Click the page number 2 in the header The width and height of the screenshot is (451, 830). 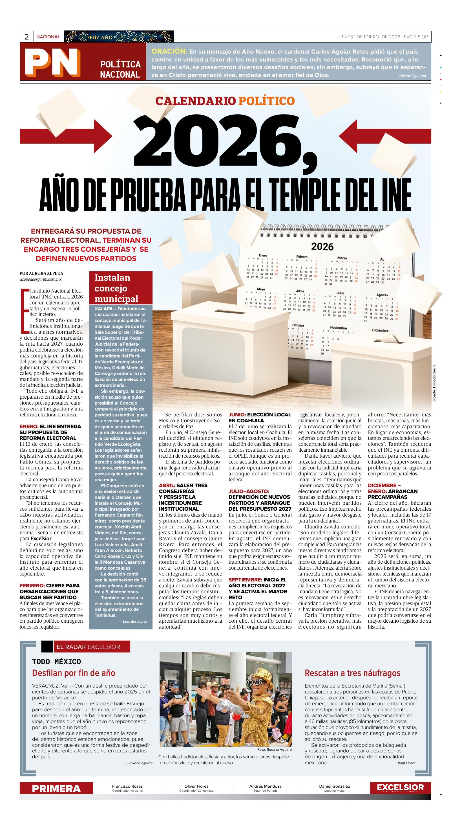[26, 37]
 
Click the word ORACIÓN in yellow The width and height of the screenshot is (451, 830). [169, 52]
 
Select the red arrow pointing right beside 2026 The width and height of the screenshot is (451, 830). [66, 135]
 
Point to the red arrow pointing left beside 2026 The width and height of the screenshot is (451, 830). [385, 135]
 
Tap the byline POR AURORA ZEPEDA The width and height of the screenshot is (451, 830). [41, 274]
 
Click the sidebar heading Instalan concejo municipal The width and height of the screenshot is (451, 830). [116, 288]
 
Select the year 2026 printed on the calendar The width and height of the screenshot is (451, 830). [322, 247]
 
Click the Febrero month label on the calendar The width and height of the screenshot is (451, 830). [302, 257]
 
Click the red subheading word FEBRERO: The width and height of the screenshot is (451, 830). [32, 585]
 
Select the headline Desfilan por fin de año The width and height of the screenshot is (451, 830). [73, 673]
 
